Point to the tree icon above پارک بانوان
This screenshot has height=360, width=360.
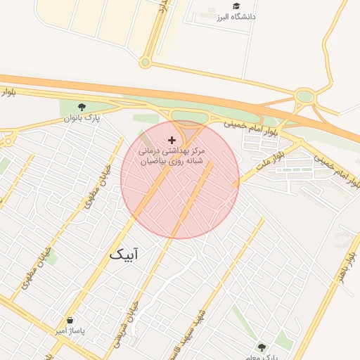[83, 106]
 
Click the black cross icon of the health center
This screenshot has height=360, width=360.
[172, 140]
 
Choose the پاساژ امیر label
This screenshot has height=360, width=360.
[70, 330]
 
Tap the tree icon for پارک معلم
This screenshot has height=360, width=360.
[262, 347]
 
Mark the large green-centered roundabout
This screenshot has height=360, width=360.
[304, 96]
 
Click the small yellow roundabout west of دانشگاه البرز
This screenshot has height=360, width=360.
[145, 63]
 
